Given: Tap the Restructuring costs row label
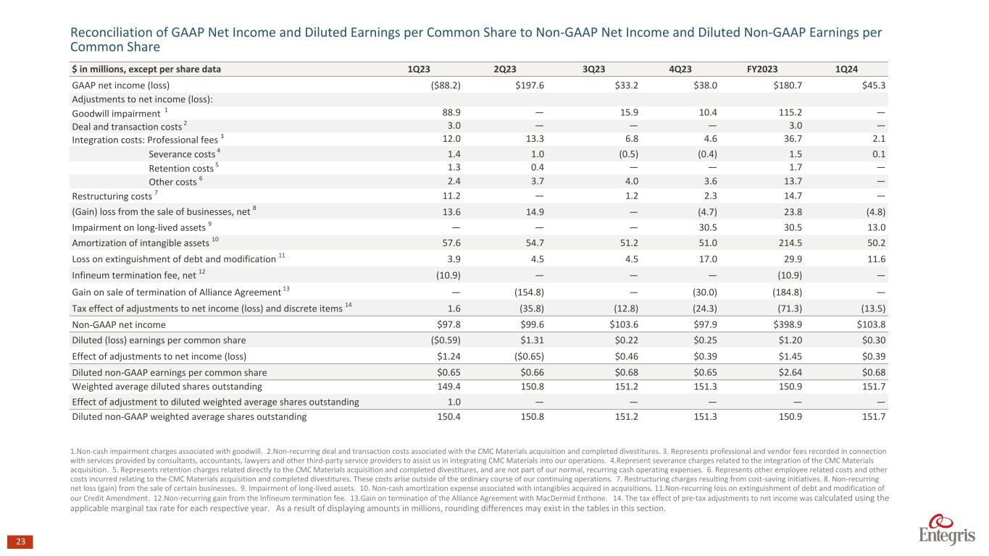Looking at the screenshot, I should pos(112,195).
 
